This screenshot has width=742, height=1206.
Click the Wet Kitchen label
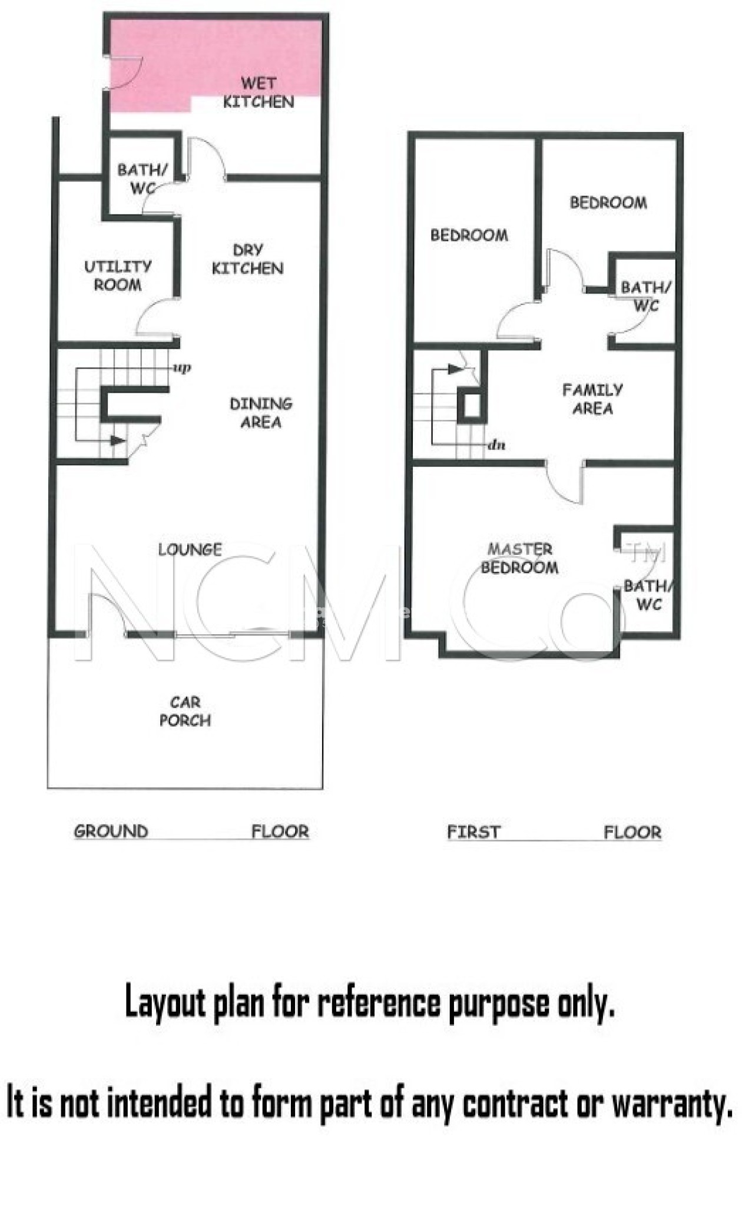pos(259,92)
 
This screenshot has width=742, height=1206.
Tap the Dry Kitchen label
pos(248,259)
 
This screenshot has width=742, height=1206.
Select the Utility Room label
pos(118,276)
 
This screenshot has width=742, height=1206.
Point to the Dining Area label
pos(261,413)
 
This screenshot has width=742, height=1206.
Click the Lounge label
pos(190,550)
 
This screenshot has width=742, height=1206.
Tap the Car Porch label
pos(185,711)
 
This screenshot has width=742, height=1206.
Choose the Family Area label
pos(592,399)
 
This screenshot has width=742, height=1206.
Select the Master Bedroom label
pos(519,558)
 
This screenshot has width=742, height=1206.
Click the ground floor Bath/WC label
pos(143,178)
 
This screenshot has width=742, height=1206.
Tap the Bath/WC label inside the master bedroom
pos(647,595)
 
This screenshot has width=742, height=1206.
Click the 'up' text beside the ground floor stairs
pos(182,368)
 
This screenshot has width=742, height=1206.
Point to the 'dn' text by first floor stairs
pos(496,445)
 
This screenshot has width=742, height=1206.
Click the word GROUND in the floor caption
pos(111,831)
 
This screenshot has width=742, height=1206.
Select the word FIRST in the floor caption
pos(473,832)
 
